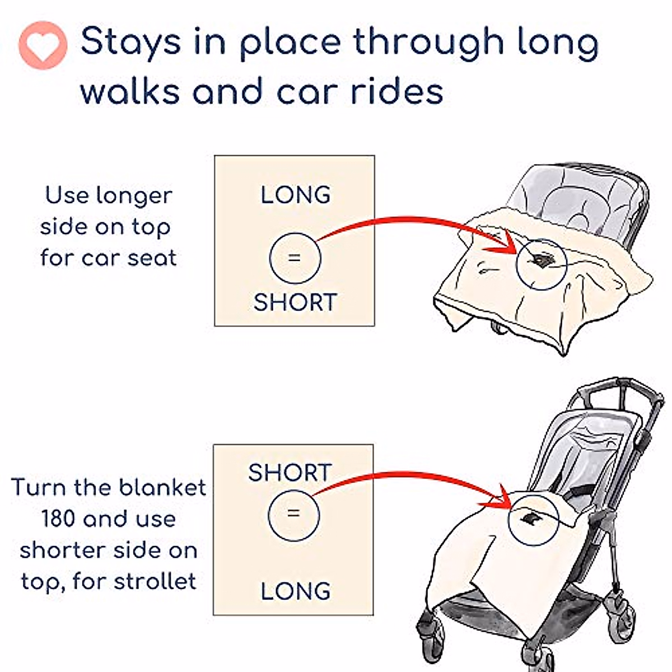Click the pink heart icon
click(43, 45)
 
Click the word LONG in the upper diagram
click(295, 195)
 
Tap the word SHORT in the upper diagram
click(295, 302)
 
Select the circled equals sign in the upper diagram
click(295, 258)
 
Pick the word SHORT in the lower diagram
click(290, 473)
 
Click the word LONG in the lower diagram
click(295, 591)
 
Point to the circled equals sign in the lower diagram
click(293, 514)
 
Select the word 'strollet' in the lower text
click(155, 581)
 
